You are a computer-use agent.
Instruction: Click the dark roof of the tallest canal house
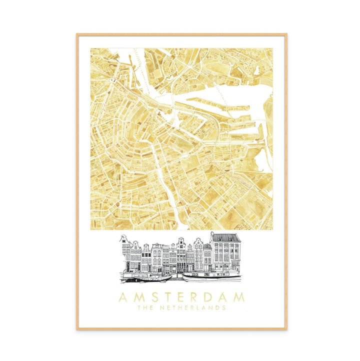tap(225, 237)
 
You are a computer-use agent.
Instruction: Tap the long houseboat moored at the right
tap(210, 276)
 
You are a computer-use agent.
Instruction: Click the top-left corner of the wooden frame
tap(77, 34)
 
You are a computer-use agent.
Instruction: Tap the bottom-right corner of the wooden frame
tap(286, 329)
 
